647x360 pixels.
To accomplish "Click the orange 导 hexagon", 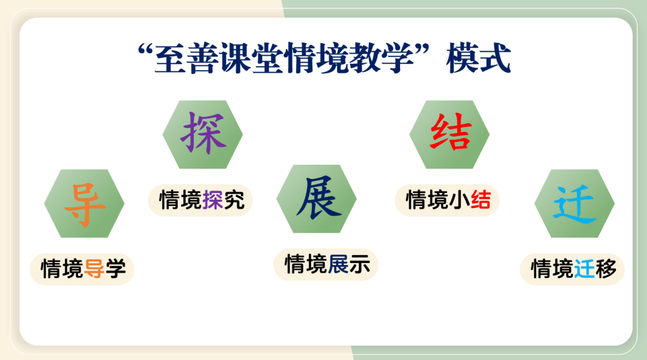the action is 84,203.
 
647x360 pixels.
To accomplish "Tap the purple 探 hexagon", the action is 202,134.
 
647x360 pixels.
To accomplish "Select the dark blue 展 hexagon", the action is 316,199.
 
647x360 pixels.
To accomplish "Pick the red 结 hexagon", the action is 449,134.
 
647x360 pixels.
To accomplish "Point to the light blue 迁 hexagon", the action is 575,203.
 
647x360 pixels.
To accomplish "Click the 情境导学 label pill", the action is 82,270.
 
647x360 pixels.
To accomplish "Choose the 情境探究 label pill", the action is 201,201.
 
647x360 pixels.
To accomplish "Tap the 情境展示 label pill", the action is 326,265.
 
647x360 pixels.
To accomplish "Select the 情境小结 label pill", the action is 448,201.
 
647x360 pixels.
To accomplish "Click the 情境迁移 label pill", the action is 572,270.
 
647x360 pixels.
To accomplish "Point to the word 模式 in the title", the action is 479,58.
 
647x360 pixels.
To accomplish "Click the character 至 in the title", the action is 170,58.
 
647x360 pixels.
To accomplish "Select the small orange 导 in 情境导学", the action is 93,269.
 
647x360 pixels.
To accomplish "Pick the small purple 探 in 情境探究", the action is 213,200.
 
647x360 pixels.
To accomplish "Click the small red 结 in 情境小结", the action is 480,200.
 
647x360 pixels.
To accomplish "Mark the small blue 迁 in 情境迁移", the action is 584,269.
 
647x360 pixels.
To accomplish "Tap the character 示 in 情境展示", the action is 359,264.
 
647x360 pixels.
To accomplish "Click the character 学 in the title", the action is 397,58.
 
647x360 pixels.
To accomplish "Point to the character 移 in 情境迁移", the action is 606,269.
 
